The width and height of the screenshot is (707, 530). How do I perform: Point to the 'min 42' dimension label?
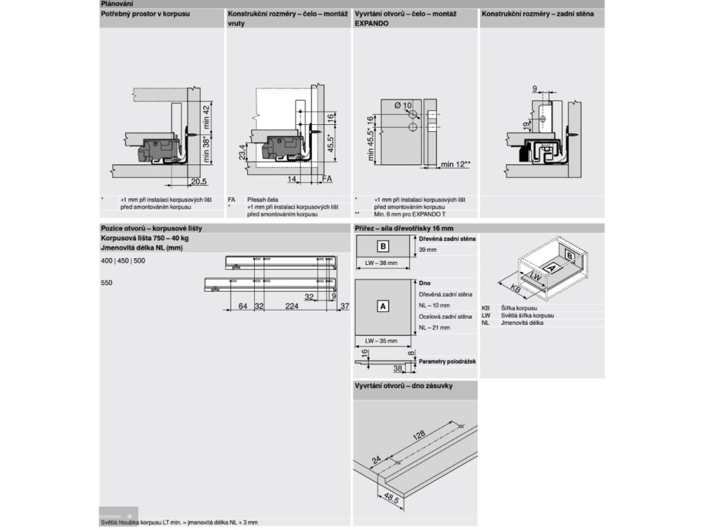click(206, 117)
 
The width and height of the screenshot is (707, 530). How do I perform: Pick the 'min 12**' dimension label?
click(456, 164)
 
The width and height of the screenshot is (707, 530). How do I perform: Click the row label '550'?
click(106, 283)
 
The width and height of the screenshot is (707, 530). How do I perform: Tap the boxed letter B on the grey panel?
click(383, 246)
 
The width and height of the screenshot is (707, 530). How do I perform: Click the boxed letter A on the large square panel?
click(383, 305)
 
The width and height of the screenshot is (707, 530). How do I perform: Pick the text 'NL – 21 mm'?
click(434, 328)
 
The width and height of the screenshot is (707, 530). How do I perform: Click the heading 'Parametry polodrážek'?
click(447, 361)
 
